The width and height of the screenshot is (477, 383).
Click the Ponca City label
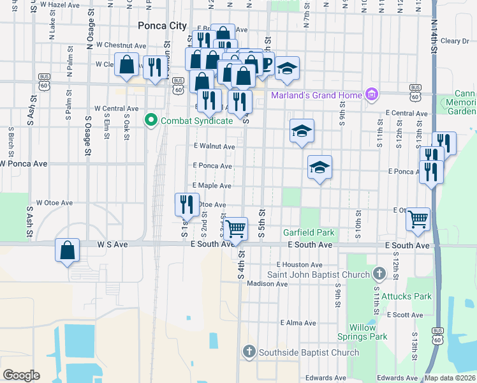[x=163, y=26]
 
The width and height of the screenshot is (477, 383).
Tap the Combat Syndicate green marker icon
[x=151, y=120]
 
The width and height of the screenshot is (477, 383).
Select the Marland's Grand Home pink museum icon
[x=372, y=96]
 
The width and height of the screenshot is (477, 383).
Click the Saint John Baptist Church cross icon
[x=379, y=274]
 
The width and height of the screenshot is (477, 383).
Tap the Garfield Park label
[x=309, y=232]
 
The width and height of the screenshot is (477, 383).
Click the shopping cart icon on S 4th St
[x=237, y=228]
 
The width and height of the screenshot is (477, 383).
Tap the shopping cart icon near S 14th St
[x=418, y=219]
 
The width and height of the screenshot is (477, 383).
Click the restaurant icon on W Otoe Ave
[x=187, y=204]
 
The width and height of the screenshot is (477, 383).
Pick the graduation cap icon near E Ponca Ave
[x=319, y=167]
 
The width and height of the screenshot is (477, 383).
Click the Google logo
[x=21, y=375]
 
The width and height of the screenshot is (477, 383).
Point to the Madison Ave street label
[x=264, y=284]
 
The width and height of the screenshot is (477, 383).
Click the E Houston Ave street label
[x=299, y=265]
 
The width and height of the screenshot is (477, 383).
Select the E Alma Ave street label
[x=298, y=323]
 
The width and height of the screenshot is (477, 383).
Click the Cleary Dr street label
[x=454, y=41]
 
